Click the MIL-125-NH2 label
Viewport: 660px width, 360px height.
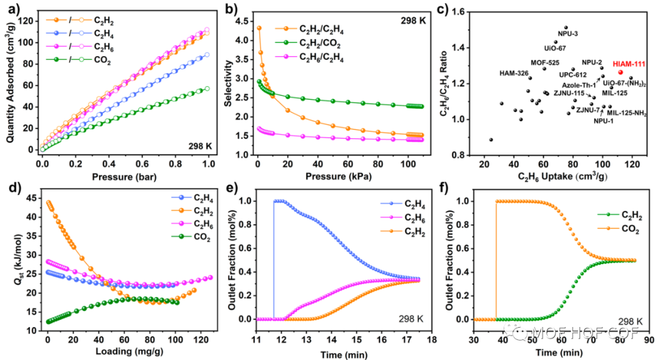click(626, 113)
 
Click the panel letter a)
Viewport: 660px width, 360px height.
click(11, 9)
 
